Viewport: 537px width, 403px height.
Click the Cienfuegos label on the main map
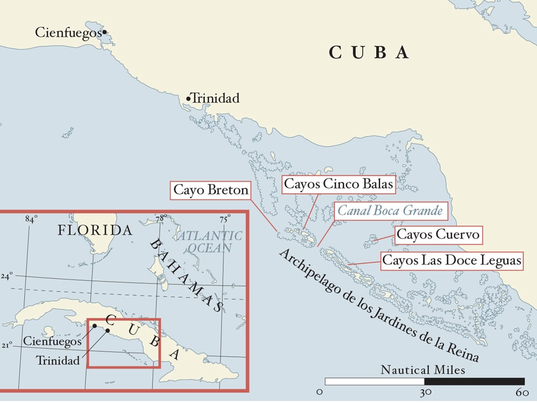tap(68, 33)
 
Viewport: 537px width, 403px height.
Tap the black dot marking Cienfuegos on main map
tap(104, 32)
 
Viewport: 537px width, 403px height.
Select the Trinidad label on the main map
tap(215, 99)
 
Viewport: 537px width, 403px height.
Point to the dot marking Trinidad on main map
tap(188, 98)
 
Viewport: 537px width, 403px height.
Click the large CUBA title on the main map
tap(369, 53)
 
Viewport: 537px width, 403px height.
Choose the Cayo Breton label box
tap(211, 190)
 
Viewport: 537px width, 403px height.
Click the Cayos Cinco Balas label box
tap(339, 184)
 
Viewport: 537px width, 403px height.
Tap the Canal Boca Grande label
tap(390, 211)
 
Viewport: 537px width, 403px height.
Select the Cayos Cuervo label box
tap(437, 235)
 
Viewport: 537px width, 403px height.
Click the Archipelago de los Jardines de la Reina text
tap(379, 306)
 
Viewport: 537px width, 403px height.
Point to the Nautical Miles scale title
tap(423, 370)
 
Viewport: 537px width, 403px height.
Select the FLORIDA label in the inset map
tap(95, 231)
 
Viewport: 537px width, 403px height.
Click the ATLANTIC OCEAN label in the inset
tap(209, 241)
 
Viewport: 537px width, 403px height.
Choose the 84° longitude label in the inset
tap(31, 219)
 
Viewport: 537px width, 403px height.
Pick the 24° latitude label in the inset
tap(7, 276)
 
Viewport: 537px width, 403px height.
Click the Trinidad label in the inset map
tap(57, 360)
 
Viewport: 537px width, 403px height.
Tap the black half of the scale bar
tap(474, 382)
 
